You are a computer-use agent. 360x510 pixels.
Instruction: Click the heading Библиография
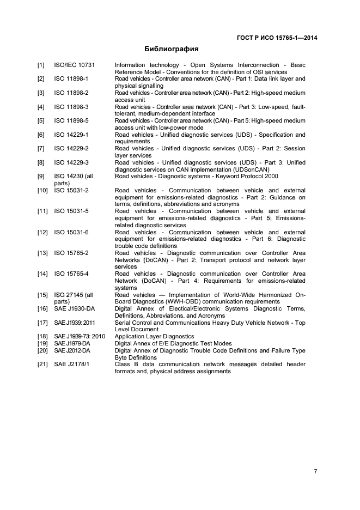tap(171, 48)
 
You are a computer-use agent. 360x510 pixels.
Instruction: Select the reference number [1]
tap(41, 65)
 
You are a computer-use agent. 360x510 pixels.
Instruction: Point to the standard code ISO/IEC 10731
tap(74, 65)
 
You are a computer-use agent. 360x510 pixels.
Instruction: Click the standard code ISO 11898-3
tap(71, 107)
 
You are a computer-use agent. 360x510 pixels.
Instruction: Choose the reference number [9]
tap(41, 176)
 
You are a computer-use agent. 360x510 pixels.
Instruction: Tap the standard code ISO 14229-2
tap(71, 148)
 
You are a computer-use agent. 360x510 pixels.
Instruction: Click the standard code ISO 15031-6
tap(71, 232)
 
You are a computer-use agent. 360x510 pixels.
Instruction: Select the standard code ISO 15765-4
tap(71, 274)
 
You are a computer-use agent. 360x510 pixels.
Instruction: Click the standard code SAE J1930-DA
tap(75, 309)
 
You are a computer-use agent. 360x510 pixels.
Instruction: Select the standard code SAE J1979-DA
tap(75, 344)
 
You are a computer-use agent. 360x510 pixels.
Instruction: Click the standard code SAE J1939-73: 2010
tap(80, 337)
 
